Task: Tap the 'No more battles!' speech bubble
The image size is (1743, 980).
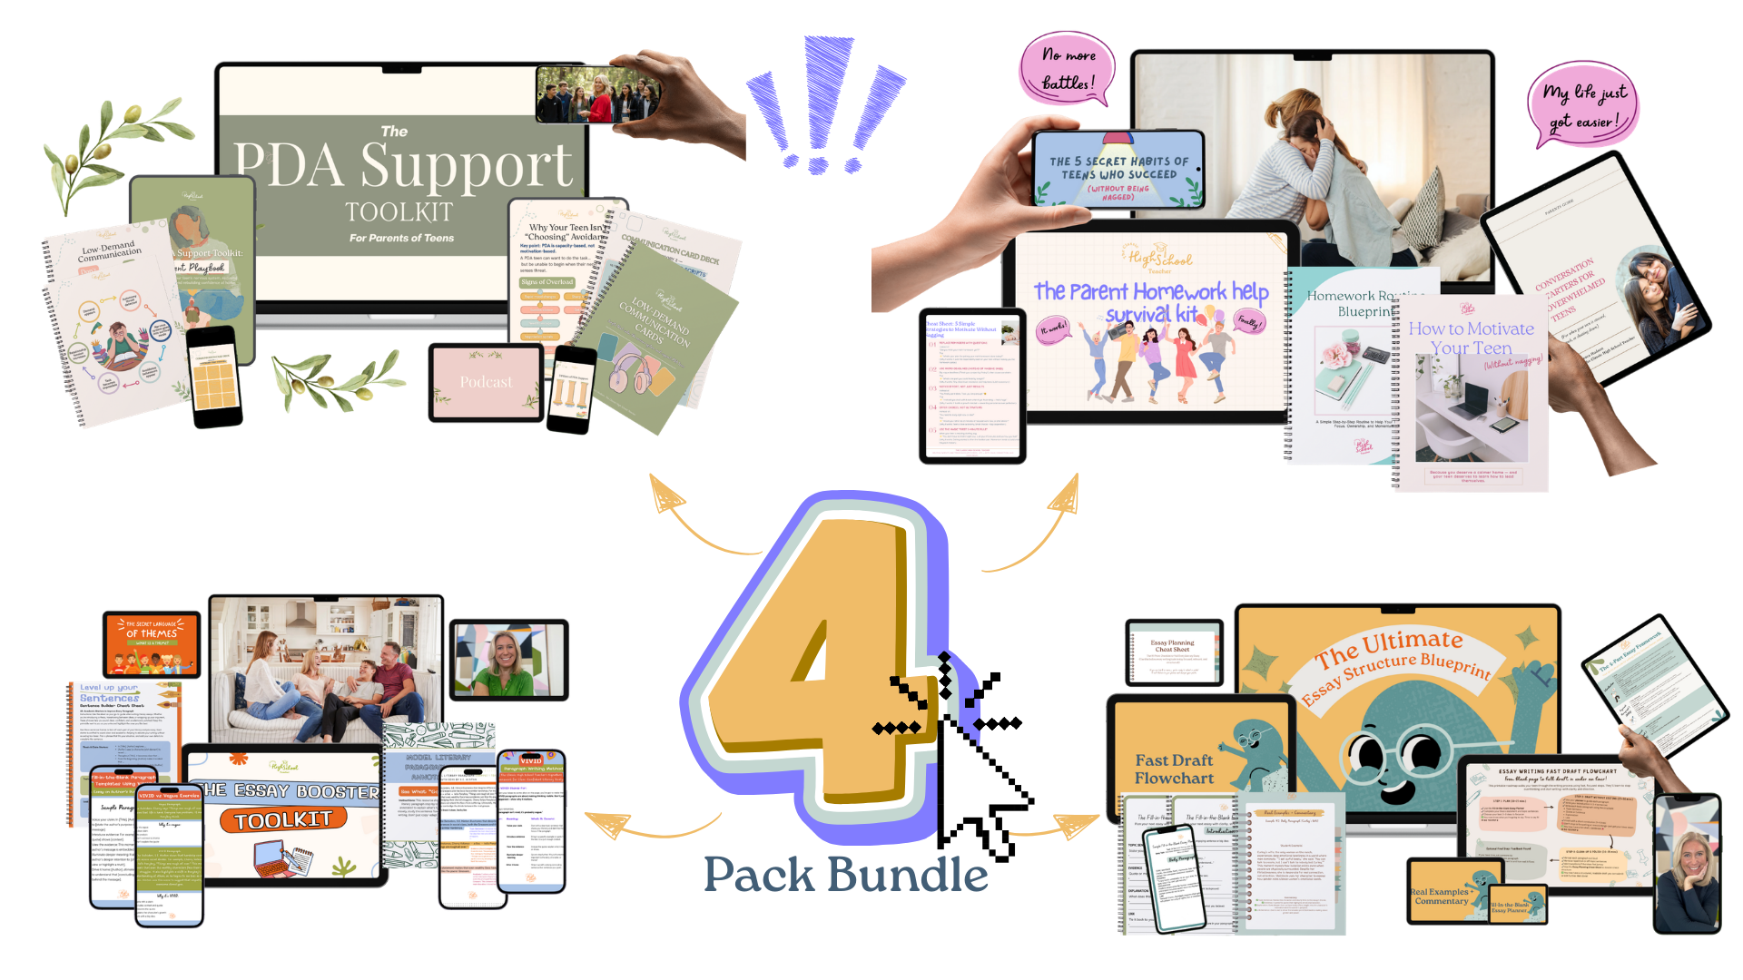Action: coord(1068,70)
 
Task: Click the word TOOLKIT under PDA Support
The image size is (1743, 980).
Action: coord(399,211)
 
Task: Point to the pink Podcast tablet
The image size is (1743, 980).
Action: coord(486,382)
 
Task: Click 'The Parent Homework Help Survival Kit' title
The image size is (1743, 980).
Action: coord(1151,302)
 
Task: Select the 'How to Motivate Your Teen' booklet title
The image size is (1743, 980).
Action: coord(1471,338)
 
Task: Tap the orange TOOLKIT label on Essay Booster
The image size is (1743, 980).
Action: coord(282,820)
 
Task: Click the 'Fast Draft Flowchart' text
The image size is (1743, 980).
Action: coord(1174,769)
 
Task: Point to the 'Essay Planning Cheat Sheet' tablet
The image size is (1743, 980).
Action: coord(1172,652)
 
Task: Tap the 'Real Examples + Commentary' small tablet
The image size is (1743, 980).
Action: coord(1443,894)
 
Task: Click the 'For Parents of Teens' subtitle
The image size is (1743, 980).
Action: coord(401,238)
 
